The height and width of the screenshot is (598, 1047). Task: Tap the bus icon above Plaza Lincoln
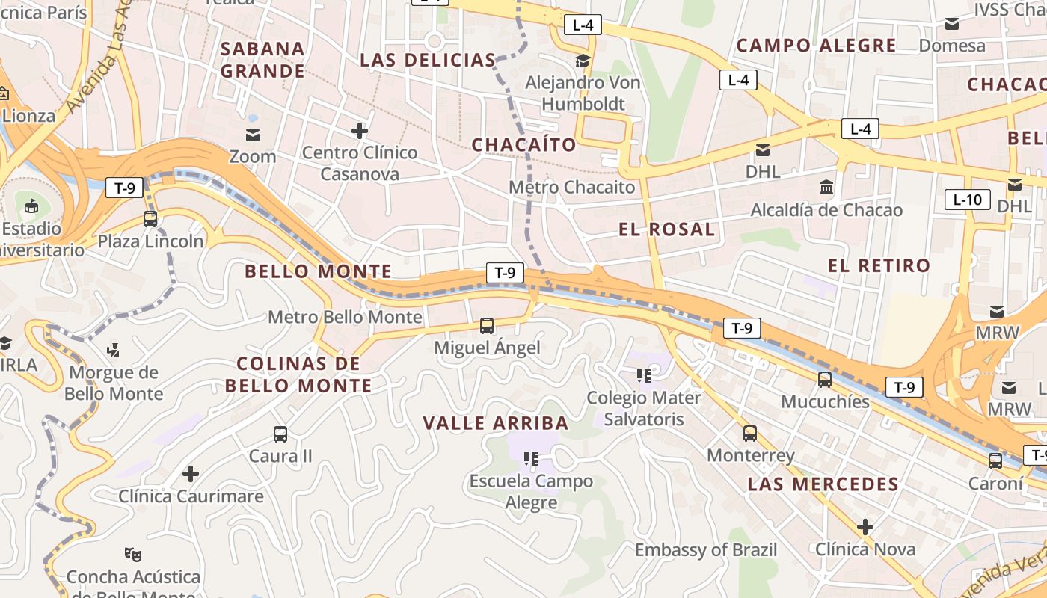click(x=150, y=219)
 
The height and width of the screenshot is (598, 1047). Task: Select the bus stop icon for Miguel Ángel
click(x=487, y=326)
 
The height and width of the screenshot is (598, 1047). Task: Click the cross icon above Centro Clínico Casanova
click(x=360, y=131)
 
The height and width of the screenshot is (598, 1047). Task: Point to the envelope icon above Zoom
click(x=253, y=135)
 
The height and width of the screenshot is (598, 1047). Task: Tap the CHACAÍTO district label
click(x=524, y=144)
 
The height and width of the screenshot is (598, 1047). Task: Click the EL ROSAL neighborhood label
click(x=666, y=229)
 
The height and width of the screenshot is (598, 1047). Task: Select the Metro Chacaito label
click(x=572, y=187)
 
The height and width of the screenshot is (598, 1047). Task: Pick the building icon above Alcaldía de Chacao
click(x=826, y=187)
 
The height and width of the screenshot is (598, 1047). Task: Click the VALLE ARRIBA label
click(x=496, y=423)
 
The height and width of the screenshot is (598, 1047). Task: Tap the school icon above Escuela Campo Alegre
click(x=531, y=458)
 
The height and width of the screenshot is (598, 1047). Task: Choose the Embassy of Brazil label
click(x=706, y=550)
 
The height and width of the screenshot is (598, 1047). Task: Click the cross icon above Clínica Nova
click(x=865, y=527)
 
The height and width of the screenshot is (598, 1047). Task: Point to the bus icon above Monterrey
click(x=750, y=434)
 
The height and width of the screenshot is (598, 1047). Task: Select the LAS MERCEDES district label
click(x=823, y=484)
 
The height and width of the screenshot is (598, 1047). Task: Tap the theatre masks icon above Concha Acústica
click(x=133, y=554)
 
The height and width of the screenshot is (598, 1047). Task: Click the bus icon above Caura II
click(x=280, y=434)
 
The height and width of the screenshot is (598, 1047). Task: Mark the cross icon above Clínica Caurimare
click(x=191, y=473)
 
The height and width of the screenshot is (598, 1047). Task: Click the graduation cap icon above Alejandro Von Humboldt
click(x=583, y=61)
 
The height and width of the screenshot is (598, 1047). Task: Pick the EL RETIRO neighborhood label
click(x=879, y=265)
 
